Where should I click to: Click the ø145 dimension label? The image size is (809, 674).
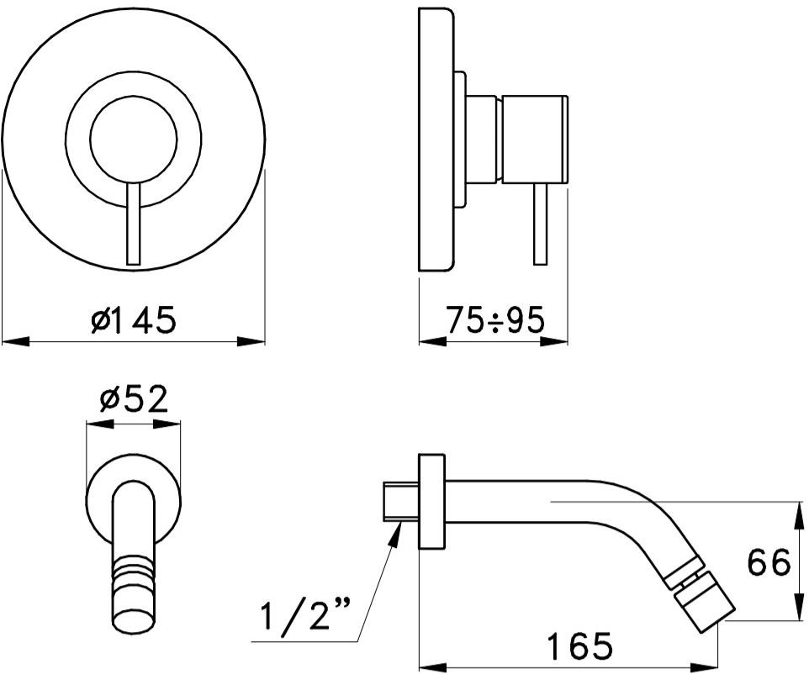coord(134,320)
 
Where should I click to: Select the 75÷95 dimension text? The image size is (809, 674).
coord(495,320)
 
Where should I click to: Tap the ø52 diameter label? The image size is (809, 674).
coord(135,399)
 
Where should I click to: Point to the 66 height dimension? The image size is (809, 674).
coord(769,562)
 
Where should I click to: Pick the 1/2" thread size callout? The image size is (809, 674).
coord(305,613)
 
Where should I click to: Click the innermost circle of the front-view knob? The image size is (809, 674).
coord(134,140)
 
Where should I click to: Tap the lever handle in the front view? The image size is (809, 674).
coord(134,224)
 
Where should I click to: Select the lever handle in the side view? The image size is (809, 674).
coord(540,224)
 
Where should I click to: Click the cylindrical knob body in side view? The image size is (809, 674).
coord(535,140)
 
